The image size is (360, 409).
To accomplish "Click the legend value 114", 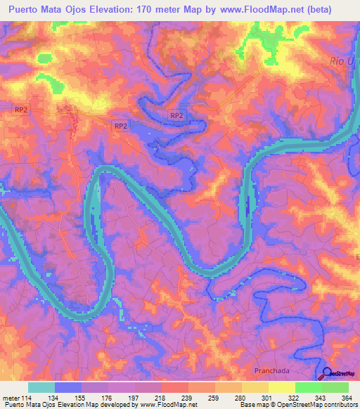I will [29, 398].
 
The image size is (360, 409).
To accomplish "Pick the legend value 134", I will [56, 398].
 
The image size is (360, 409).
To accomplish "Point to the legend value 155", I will [82, 398].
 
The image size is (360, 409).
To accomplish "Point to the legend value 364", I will [345, 398].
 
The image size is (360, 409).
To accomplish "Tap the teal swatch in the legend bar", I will [41, 387].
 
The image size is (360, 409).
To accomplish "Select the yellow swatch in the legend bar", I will [282, 387].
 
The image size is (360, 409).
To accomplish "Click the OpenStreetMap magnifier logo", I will [328, 375].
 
